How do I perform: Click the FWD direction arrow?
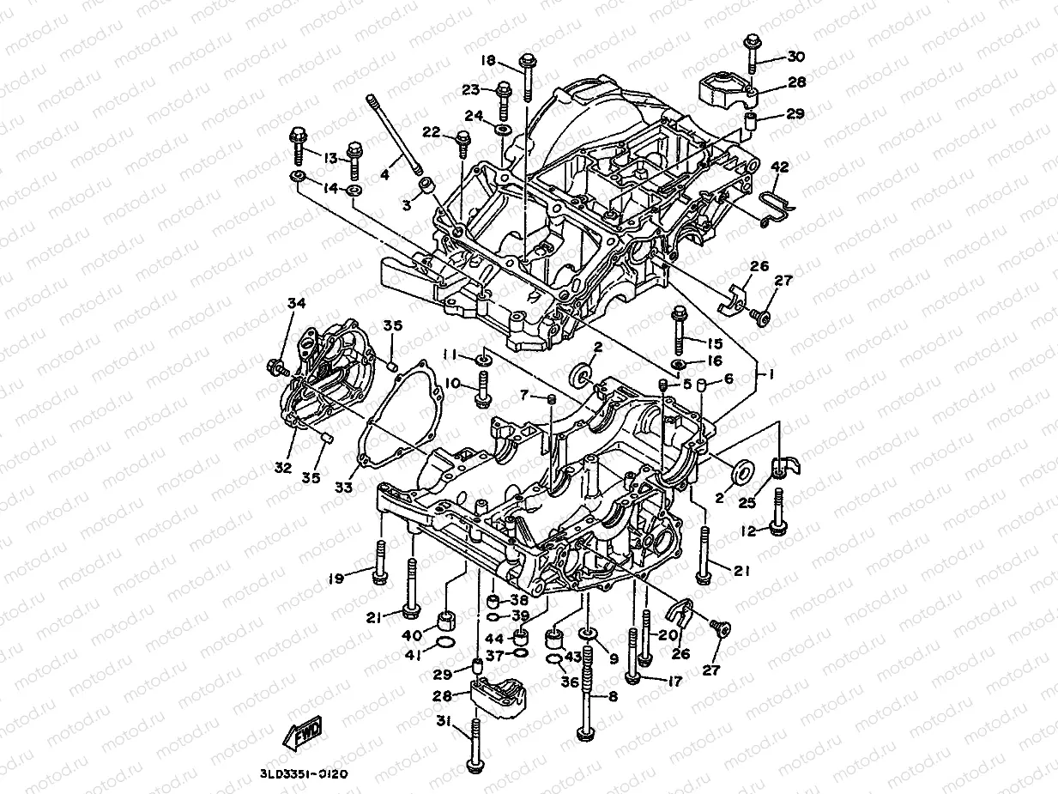click(x=302, y=733)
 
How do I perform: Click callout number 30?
click(x=795, y=58)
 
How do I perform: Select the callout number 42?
click(x=779, y=167)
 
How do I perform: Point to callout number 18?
click(x=488, y=60)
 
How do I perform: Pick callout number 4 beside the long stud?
click(x=385, y=175)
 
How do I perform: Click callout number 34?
click(x=296, y=303)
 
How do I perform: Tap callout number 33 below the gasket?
click(x=343, y=487)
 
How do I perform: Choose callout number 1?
click(x=770, y=374)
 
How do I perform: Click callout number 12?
click(x=749, y=532)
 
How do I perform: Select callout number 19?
click(x=336, y=579)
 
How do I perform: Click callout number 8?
click(x=614, y=697)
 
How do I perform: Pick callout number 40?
click(x=411, y=636)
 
